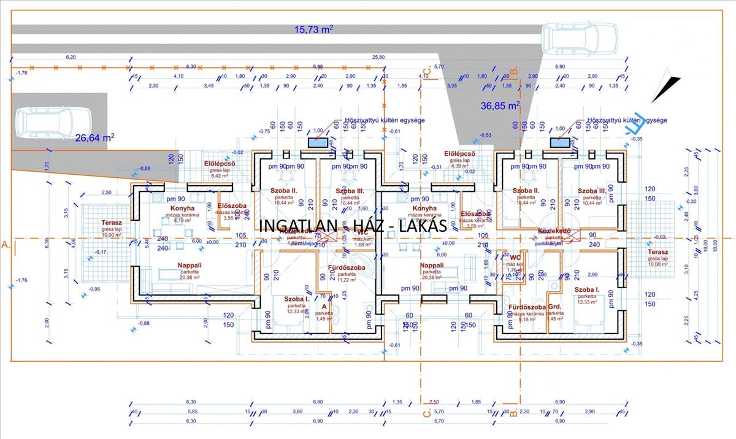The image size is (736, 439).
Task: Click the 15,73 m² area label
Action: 313,29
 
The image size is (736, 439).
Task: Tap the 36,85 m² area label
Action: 500,106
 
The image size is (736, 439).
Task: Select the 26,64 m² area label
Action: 94,137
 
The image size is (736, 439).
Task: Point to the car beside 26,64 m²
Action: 53,121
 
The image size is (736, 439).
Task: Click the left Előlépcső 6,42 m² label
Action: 220,164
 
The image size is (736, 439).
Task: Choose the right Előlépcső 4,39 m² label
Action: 461,154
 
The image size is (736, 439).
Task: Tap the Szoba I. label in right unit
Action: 587,289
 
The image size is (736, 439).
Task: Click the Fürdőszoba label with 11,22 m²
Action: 347,268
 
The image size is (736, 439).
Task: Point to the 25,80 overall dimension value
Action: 378,57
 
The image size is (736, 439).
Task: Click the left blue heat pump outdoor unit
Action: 318,143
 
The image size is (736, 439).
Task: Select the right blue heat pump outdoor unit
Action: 559,143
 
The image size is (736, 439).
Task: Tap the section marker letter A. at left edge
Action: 7,245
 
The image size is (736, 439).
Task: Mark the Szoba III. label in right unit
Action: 591,191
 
